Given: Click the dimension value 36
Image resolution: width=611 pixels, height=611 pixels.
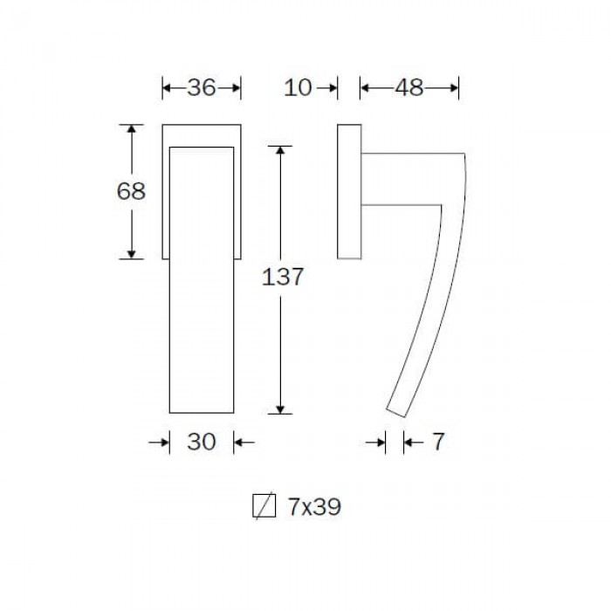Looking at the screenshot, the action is [x=202, y=87].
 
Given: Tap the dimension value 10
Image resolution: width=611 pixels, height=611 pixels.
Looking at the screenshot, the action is [x=298, y=87].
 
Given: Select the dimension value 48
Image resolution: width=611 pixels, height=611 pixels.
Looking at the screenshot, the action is [x=409, y=87].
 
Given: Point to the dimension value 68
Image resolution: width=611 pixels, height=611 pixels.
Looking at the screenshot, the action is [x=131, y=191].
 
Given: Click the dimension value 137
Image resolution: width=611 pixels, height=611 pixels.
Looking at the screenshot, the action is [x=282, y=277].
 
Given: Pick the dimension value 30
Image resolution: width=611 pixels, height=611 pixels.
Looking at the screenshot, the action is [x=202, y=442].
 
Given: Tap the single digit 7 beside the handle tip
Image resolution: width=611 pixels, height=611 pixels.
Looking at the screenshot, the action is [x=438, y=442].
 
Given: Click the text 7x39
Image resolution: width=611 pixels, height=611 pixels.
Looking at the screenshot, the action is [x=314, y=506].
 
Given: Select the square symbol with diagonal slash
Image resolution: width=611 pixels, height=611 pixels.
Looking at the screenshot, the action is [x=264, y=505].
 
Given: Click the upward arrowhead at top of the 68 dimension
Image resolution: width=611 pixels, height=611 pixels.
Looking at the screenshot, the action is [x=131, y=129].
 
